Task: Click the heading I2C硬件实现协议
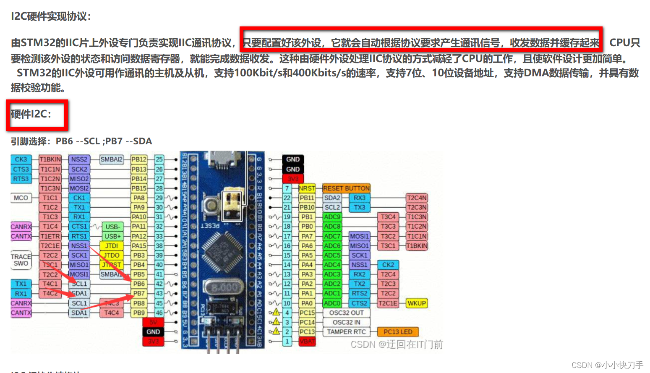50,16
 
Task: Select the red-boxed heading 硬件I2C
31,114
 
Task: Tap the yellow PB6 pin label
139,284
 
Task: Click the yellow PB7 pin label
139,294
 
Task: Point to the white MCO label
21,198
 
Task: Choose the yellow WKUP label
417,303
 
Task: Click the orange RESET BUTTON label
346,188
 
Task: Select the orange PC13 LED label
398,332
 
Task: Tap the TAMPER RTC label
346,332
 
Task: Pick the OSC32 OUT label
346,313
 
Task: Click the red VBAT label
307,342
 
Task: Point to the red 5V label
153,322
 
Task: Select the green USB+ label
112,236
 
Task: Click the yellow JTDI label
112,246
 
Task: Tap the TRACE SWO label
21,260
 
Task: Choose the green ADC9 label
332,217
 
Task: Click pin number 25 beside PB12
159,159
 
